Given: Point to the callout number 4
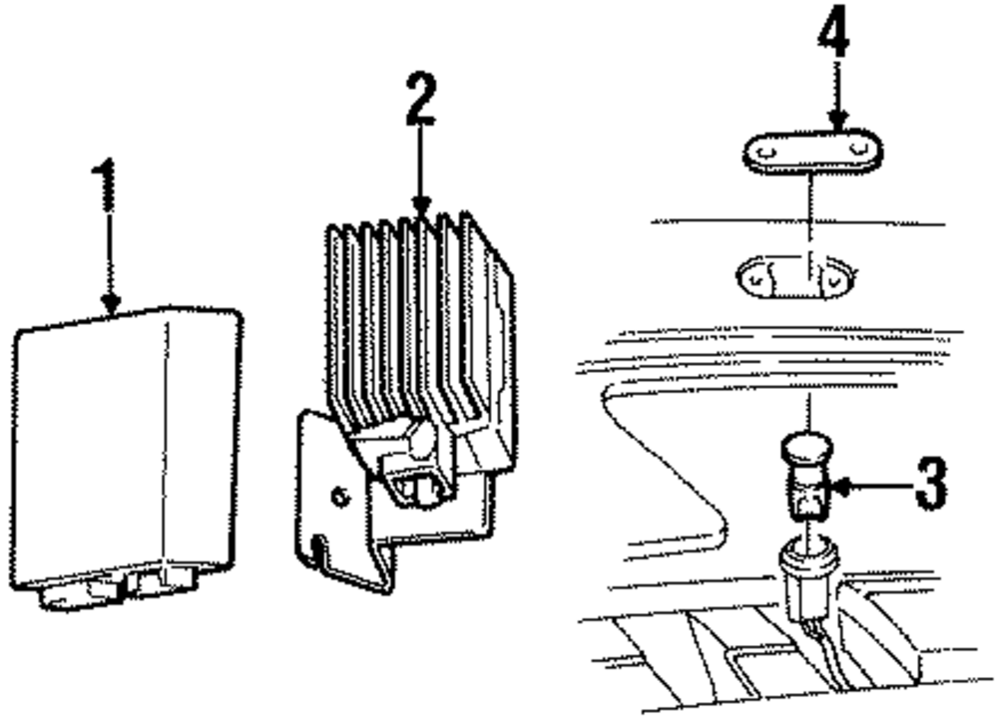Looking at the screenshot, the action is tap(833, 35).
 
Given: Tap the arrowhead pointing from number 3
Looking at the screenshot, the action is tap(841, 488).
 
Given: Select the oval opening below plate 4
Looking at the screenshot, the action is tap(794, 278).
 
